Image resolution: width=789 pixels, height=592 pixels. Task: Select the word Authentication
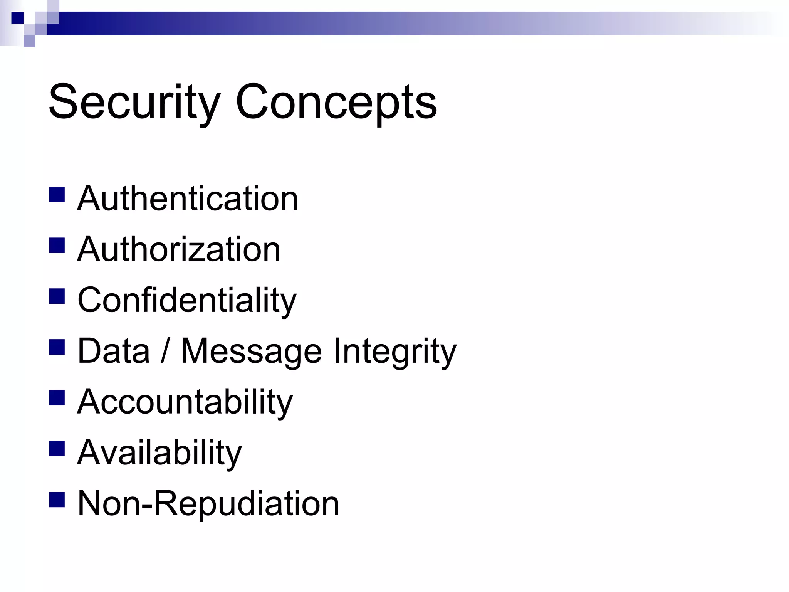click(x=188, y=198)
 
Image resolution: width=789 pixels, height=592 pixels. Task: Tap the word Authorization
click(x=179, y=249)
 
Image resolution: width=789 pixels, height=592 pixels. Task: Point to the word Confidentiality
click(x=187, y=300)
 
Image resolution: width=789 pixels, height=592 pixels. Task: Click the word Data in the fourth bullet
click(x=114, y=351)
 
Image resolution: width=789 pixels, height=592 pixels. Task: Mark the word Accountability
click(x=185, y=402)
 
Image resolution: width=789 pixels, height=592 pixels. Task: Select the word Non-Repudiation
click(x=208, y=503)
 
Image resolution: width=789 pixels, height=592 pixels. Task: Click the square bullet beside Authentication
click(x=57, y=195)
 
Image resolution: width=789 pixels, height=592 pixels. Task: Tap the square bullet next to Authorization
click(x=57, y=246)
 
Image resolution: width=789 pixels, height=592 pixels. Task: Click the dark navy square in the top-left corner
click(x=17, y=18)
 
